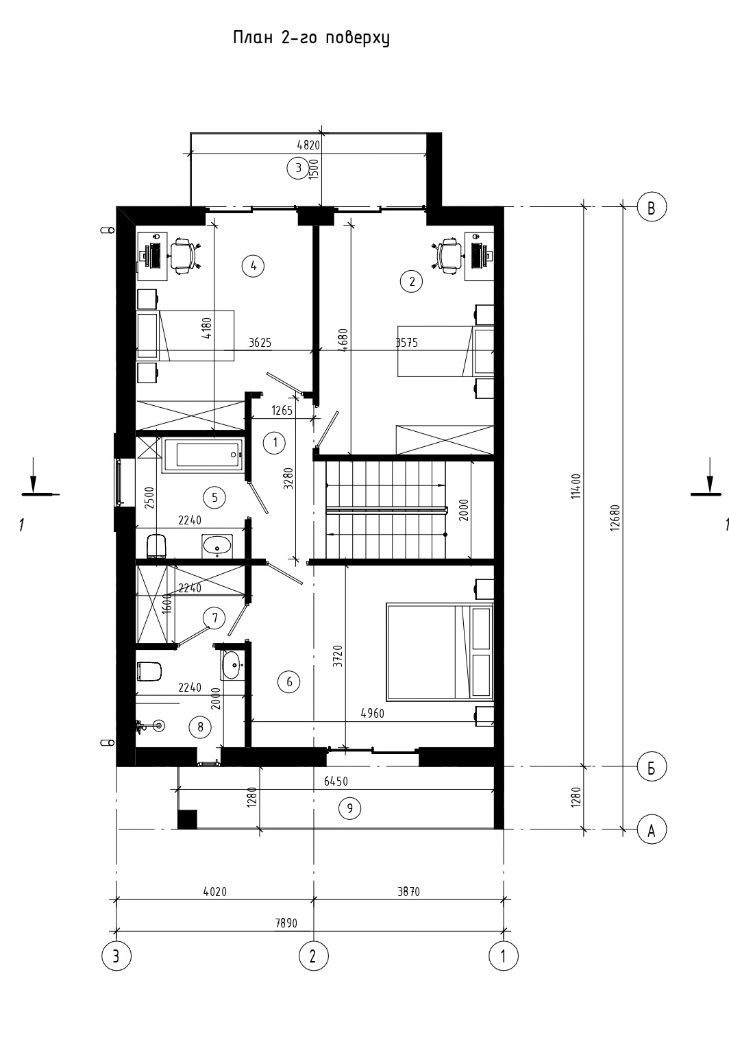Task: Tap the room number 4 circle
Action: (x=253, y=266)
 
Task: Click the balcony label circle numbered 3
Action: (x=298, y=168)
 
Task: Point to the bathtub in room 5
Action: (x=203, y=455)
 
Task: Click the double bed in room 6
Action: (x=439, y=651)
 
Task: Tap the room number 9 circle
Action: (x=349, y=808)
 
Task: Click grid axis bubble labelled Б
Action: (x=652, y=766)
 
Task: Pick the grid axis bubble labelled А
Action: (x=652, y=829)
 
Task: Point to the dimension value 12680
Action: (x=615, y=518)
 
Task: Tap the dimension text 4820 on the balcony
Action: (x=308, y=145)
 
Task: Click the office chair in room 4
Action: (x=184, y=256)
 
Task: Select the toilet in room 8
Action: (x=149, y=671)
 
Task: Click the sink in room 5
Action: (x=217, y=545)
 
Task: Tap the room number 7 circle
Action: (x=214, y=618)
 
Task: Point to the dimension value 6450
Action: (x=336, y=781)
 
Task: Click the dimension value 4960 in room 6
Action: (x=373, y=713)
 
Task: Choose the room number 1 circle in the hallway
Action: (x=274, y=442)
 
